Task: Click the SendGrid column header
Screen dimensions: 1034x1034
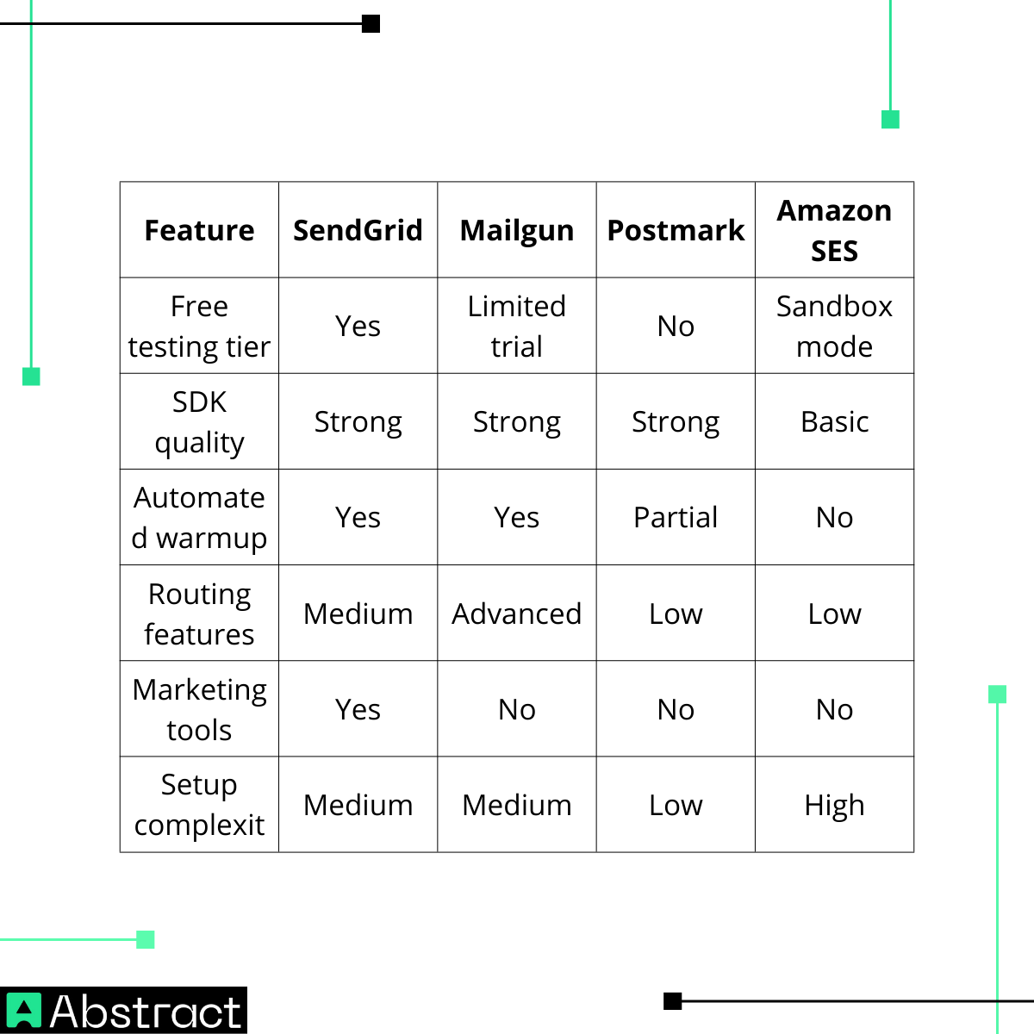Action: [x=358, y=230]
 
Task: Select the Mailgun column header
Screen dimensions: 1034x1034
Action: [x=517, y=230]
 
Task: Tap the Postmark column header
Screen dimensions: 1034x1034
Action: [x=676, y=230]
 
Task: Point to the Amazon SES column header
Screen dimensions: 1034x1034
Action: [x=834, y=230]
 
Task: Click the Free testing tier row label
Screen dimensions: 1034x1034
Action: [x=199, y=326]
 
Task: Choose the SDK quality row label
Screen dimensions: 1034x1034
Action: [x=199, y=421]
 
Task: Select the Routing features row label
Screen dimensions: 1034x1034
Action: [x=199, y=614]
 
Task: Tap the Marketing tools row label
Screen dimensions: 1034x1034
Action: [x=199, y=709]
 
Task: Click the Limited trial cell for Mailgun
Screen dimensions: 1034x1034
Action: [x=517, y=326]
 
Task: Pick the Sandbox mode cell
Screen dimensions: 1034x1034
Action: [x=834, y=326]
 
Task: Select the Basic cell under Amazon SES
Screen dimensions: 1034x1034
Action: [x=834, y=421]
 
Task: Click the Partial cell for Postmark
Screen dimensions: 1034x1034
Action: [x=676, y=517]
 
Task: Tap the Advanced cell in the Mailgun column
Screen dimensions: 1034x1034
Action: [x=517, y=614]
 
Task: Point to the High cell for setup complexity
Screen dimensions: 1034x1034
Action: [x=834, y=805]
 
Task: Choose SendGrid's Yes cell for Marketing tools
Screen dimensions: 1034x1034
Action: [x=358, y=709]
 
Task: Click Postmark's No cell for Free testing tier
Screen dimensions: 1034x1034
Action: [x=676, y=326]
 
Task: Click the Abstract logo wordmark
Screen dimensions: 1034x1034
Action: [x=145, y=1012]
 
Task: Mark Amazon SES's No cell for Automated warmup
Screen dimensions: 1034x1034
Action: [x=834, y=517]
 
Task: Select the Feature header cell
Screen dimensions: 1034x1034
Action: [x=199, y=230]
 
